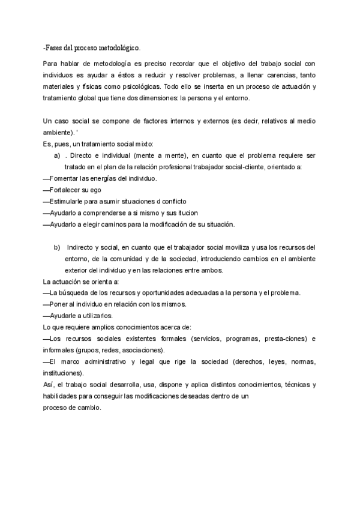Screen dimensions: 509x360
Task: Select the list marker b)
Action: (x=58, y=247)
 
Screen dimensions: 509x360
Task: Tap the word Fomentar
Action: (x=65, y=179)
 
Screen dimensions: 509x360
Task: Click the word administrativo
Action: (x=116, y=362)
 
